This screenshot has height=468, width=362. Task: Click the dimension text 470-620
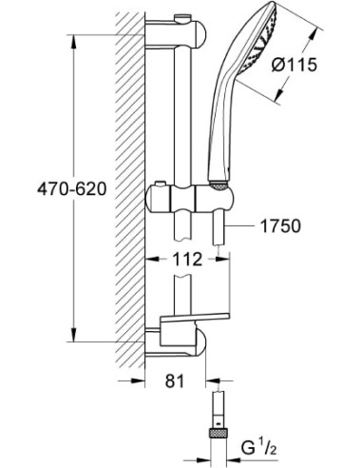[x=39, y=189]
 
